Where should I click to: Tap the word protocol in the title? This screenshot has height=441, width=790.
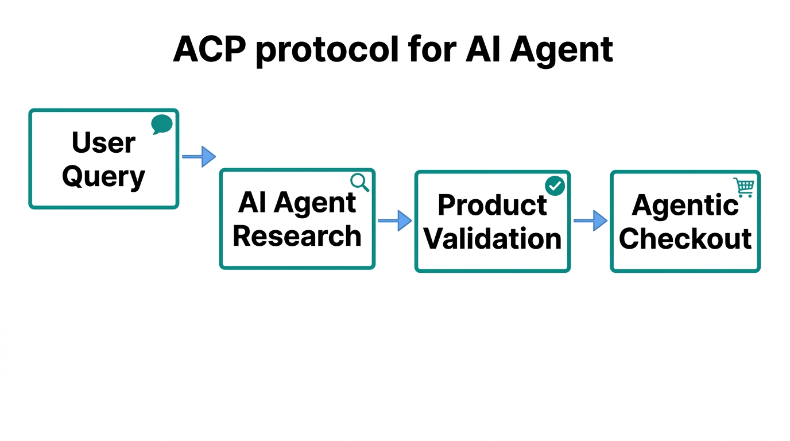click(327, 51)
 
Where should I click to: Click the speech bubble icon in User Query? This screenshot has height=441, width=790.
click(162, 124)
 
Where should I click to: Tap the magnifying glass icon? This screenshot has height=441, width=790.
click(359, 182)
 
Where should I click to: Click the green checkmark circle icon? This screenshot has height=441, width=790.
click(555, 186)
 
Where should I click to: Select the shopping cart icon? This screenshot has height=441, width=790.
click(743, 187)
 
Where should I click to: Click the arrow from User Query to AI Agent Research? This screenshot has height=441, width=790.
click(199, 156)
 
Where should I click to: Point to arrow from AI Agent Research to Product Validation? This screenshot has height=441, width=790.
click(395, 220)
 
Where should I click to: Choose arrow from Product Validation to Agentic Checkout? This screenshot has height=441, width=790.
click(590, 220)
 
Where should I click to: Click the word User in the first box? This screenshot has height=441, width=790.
click(103, 142)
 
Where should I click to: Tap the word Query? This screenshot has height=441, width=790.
click(103, 177)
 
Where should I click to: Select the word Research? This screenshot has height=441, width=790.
click(297, 236)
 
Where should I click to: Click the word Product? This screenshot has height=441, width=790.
click(492, 205)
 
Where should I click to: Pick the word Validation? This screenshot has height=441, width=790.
click(492, 238)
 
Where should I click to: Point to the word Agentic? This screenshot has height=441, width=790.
click(685, 205)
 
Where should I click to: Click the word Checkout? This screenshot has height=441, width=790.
click(685, 238)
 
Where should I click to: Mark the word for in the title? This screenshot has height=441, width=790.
click(431, 49)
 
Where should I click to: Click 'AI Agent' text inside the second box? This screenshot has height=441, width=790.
click(297, 203)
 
